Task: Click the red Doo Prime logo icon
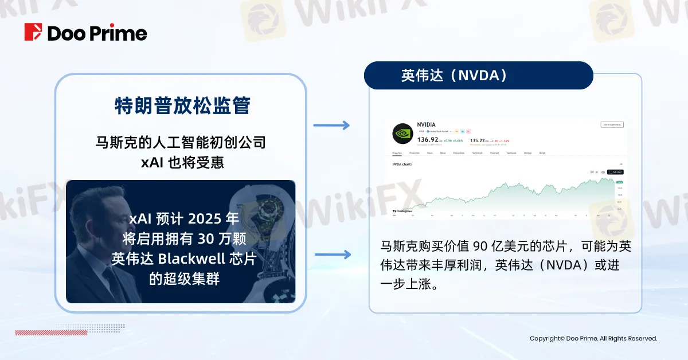point(33,32)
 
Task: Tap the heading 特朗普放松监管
point(182,106)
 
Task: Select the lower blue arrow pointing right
point(331,255)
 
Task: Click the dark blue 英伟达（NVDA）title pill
point(478,76)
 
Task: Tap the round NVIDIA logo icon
point(402,134)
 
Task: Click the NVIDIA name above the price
point(427,124)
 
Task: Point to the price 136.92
point(428,139)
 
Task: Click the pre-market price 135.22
point(479,139)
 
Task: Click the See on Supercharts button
point(612,124)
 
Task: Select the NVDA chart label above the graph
point(402,165)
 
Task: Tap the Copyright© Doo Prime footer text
point(593,339)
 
